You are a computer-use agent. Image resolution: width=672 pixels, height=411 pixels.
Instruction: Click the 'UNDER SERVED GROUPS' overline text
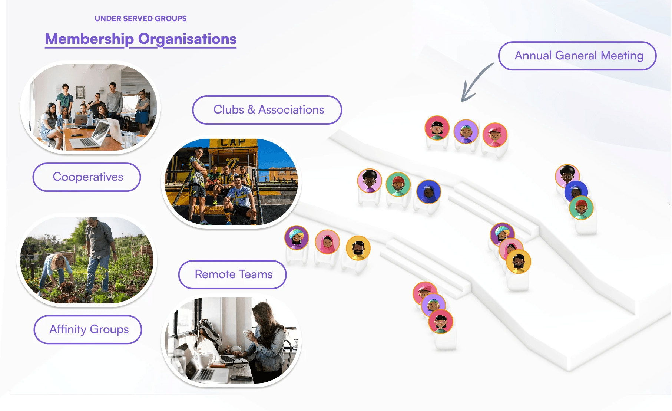[140, 19]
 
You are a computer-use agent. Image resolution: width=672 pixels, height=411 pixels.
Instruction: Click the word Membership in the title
[89, 39]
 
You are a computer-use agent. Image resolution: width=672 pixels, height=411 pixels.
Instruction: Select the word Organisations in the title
[187, 39]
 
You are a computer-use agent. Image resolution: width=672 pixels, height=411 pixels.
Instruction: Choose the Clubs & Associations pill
[267, 110]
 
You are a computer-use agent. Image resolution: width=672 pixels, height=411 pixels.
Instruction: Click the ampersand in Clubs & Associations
[251, 110]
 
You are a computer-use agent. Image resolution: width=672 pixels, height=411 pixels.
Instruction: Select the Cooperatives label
[87, 177]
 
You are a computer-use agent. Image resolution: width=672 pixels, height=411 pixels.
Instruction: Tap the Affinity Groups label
[89, 329]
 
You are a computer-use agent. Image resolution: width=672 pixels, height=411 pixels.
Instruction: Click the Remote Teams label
[233, 274]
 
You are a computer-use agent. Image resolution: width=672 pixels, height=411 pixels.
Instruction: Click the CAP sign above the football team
[233, 142]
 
